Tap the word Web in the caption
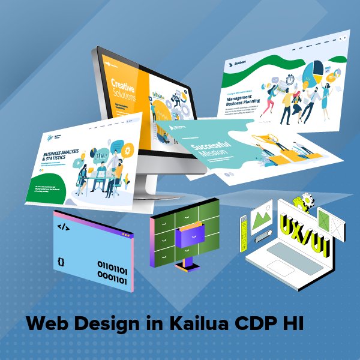click(46, 324)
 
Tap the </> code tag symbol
click(62, 227)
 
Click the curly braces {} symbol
click(61, 262)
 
